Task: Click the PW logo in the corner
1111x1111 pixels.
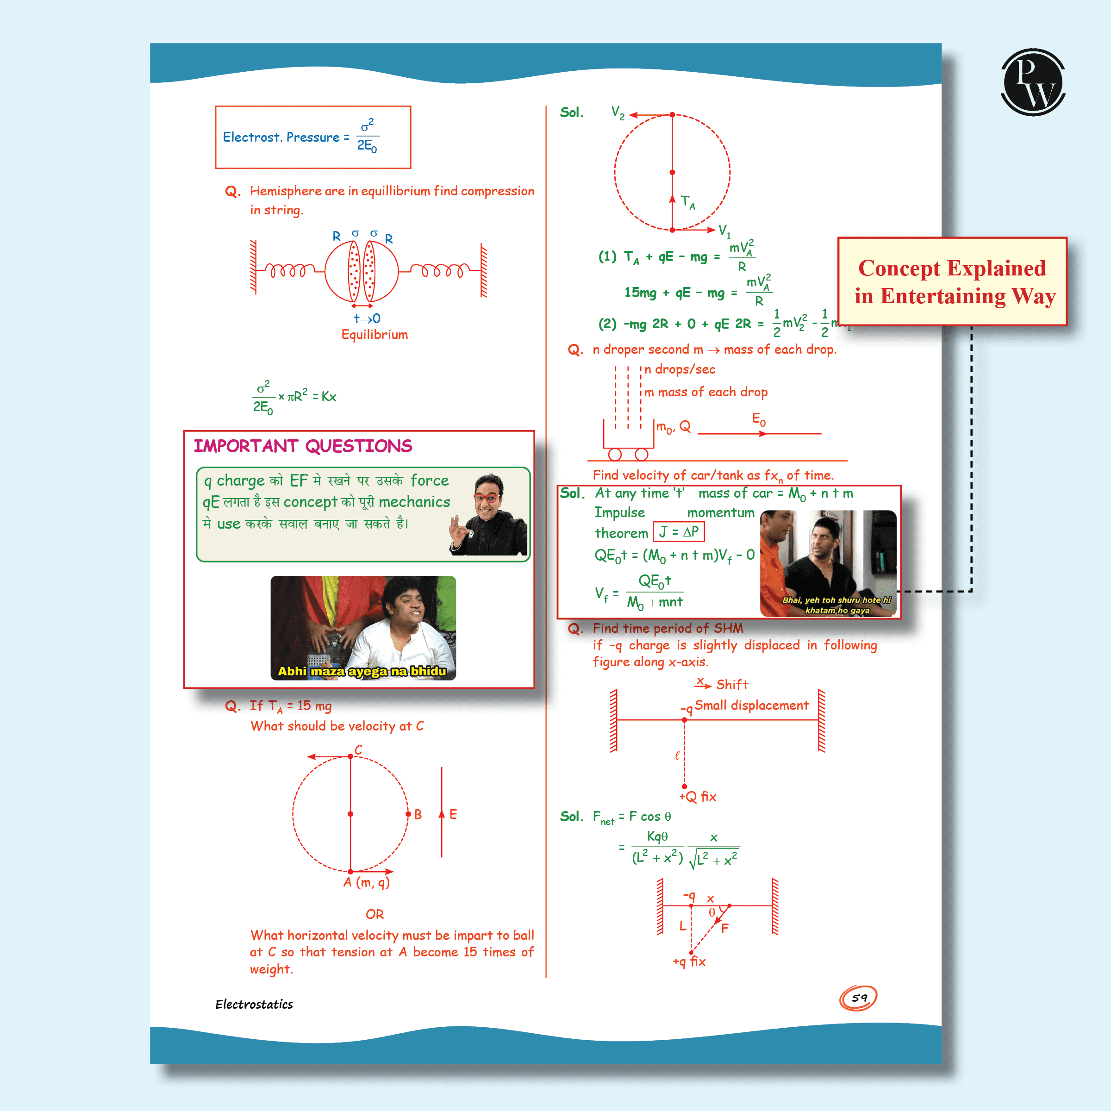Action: [1033, 82]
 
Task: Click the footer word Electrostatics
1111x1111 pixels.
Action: [254, 1004]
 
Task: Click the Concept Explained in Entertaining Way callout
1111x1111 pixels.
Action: [952, 282]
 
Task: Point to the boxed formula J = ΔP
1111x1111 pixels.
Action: [679, 532]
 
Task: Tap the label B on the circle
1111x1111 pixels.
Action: [418, 814]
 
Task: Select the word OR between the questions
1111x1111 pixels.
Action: [374, 914]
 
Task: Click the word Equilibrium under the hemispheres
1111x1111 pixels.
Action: [374, 334]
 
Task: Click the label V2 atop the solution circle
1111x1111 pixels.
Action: [618, 112]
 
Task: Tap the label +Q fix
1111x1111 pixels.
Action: [698, 796]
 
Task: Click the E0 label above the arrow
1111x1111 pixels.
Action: [759, 419]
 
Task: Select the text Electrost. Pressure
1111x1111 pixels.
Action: [281, 137]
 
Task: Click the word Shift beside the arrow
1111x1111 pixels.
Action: [732, 684]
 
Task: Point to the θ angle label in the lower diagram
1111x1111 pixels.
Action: [712, 912]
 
